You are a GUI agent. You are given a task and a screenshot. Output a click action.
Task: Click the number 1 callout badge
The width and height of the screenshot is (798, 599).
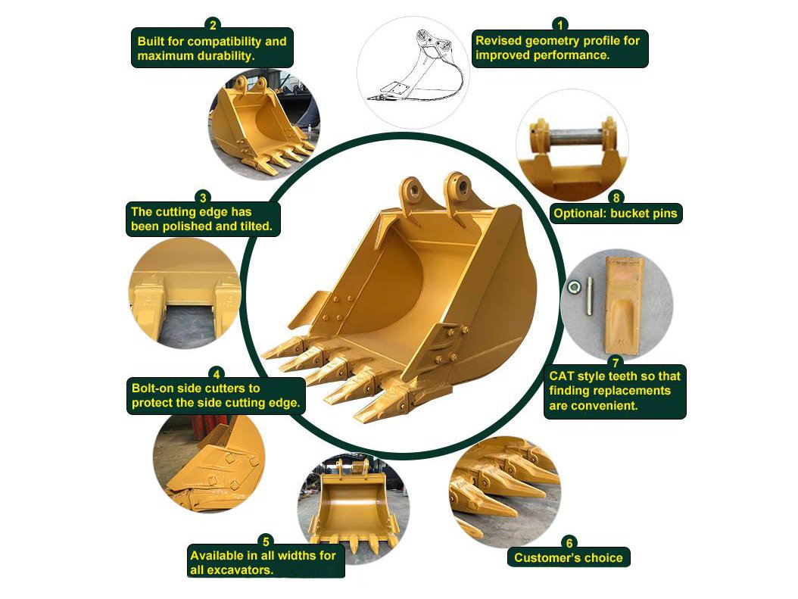[560, 23]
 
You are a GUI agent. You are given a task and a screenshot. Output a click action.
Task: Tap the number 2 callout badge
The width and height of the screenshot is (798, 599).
[213, 23]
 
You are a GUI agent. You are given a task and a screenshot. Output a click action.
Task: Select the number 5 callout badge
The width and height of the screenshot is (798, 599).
[265, 541]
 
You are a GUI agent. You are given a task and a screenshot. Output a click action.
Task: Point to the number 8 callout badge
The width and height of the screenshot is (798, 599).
[616, 198]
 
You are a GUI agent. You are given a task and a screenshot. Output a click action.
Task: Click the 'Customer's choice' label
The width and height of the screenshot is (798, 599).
[568, 558]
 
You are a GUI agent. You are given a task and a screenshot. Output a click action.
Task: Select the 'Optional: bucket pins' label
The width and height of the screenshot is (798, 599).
[615, 214]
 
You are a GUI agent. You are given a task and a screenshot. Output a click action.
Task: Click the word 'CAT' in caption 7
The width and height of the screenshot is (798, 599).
[563, 376]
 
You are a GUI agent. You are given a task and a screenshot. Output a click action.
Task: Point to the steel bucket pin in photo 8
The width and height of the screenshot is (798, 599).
[572, 139]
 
